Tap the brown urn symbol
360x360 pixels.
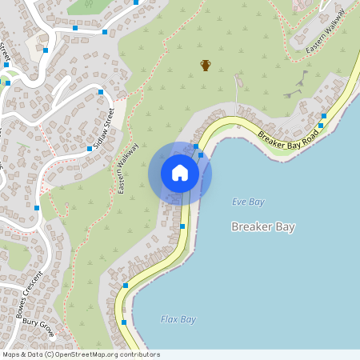click(206, 65)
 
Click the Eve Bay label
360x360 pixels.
click(248, 202)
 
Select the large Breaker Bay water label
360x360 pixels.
click(263, 227)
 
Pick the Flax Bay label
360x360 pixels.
click(178, 319)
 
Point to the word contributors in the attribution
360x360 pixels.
click(139, 354)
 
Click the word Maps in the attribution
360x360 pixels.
click(11, 354)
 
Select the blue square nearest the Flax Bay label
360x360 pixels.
click(124, 322)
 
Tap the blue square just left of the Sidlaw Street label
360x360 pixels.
click(89, 149)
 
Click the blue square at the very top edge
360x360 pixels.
click(137, 2)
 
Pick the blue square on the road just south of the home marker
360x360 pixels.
click(183, 226)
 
